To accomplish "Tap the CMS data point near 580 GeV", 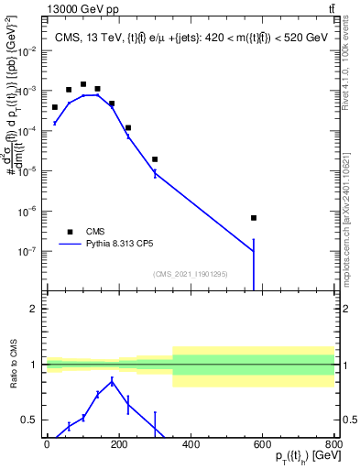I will tap(254, 218).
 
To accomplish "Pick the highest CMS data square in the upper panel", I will tap(83, 84).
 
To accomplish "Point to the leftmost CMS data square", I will tap(55, 107).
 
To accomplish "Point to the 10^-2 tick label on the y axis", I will tap(27, 51).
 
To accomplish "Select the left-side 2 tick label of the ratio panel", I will tap(35, 309).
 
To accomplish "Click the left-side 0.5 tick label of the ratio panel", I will tap(31, 420).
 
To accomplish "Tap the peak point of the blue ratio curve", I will tap(112, 381).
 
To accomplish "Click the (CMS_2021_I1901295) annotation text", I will tap(190, 274).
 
